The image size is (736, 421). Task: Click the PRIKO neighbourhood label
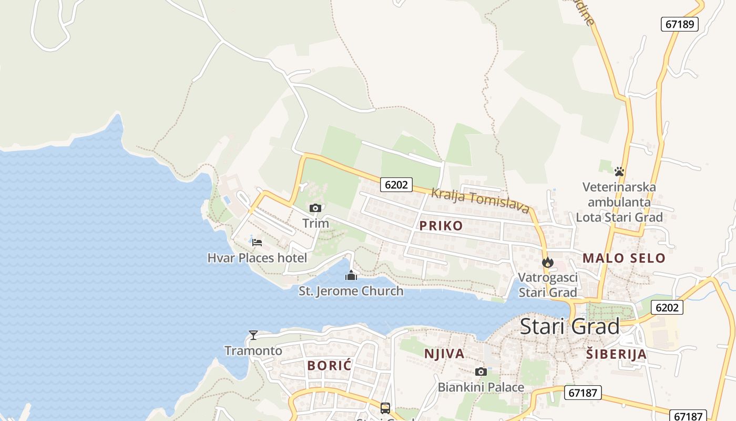click(441, 226)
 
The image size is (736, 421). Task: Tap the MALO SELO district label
click(624, 258)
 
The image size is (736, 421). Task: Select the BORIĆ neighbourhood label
click(329, 365)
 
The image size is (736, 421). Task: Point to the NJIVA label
click(444, 354)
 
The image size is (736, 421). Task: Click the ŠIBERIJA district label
click(616, 354)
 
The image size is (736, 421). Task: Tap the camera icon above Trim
click(315, 208)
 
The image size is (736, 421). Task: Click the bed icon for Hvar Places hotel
click(257, 243)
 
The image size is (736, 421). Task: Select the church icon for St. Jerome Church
click(351, 275)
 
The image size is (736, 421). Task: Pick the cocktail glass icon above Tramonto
click(253, 335)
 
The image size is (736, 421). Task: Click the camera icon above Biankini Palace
click(481, 372)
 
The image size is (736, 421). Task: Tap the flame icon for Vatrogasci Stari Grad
click(548, 262)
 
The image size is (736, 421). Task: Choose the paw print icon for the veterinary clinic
click(619, 171)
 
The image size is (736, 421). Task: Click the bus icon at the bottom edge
click(385, 408)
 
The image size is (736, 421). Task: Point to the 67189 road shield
click(679, 24)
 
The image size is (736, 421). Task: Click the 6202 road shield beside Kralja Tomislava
click(396, 184)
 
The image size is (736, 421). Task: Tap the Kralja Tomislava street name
click(480, 201)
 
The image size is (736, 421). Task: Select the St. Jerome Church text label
click(351, 291)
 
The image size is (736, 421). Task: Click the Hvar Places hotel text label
click(257, 258)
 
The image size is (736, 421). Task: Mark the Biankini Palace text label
click(481, 388)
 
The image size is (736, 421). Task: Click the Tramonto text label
click(253, 350)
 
